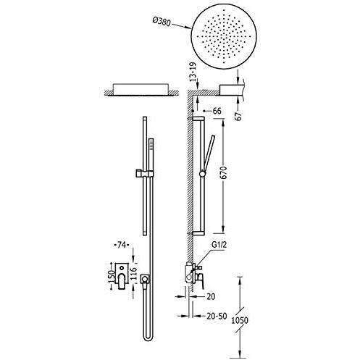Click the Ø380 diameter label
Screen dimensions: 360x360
162,22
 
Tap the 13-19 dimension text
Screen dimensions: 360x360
193,72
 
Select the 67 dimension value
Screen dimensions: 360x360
238,116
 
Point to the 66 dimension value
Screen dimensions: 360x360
217,111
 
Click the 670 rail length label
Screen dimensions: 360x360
224,172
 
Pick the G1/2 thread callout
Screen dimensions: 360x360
219,245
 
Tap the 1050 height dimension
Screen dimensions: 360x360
240,320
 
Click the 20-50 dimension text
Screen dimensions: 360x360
217,316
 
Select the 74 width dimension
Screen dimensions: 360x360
122,246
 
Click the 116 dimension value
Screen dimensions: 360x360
133,273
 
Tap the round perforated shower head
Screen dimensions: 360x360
224,37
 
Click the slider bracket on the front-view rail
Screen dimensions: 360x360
144,173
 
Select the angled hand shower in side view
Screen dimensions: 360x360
208,154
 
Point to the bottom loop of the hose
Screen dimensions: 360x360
148,338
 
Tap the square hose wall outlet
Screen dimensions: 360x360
145,279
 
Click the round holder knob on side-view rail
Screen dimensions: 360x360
202,174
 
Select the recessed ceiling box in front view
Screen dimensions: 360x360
141,90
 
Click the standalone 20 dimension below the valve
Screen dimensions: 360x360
211,296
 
